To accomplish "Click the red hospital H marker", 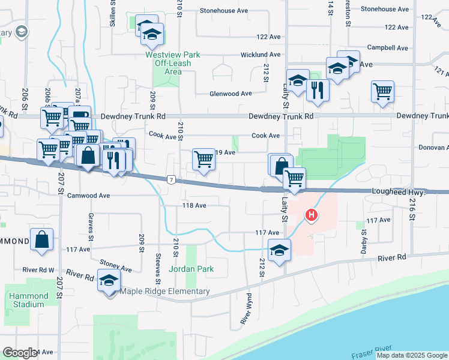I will pyautogui.click(x=311, y=214).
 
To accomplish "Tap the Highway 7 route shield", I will pyautogui.click(x=172, y=180).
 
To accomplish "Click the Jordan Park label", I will pyautogui.click(x=191, y=269).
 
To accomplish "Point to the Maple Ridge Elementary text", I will pyautogui.click(x=165, y=292).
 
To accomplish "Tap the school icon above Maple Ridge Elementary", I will pyautogui.click(x=109, y=281).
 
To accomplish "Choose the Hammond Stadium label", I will pyautogui.click(x=28, y=300).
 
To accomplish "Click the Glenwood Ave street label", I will pyautogui.click(x=231, y=94).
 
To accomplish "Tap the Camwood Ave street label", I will pyautogui.click(x=88, y=196).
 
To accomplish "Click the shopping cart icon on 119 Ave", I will pyautogui.click(x=203, y=160).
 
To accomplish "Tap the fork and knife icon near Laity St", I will pyautogui.click(x=317, y=91).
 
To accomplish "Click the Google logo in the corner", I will pyautogui.click(x=20, y=353).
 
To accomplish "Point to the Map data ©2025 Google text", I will pyautogui.click(x=412, y=355).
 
